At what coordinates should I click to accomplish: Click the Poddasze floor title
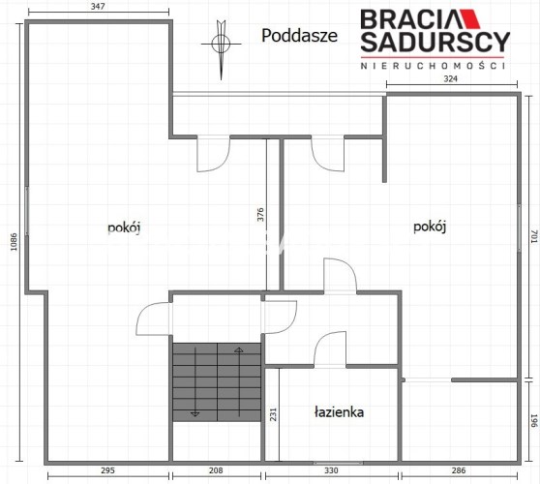coord(299,36)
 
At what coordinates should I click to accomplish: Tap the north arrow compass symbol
coord(221,45)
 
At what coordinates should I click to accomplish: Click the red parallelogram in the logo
coord(470,19)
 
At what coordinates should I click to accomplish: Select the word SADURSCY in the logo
coord(435,42)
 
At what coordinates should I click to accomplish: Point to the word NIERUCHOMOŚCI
coord(433,66)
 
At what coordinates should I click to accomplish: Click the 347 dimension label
coord(98,6)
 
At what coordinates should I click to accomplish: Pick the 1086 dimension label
coord(14,242)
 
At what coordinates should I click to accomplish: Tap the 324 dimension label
coord(450,78)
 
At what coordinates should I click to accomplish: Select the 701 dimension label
coord(534,236)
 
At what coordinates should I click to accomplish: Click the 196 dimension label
coord(534,421)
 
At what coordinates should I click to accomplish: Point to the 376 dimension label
coord(260,214)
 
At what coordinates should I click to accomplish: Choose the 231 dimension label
coord(273,414)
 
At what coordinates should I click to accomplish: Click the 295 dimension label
coord(107,470)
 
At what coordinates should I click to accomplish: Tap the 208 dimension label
coord(216,470)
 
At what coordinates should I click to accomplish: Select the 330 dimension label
coord(331,470)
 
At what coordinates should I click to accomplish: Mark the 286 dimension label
coord(459,470)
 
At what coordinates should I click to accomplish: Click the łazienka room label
coord(340,412)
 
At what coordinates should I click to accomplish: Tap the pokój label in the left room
coord(124,228)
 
